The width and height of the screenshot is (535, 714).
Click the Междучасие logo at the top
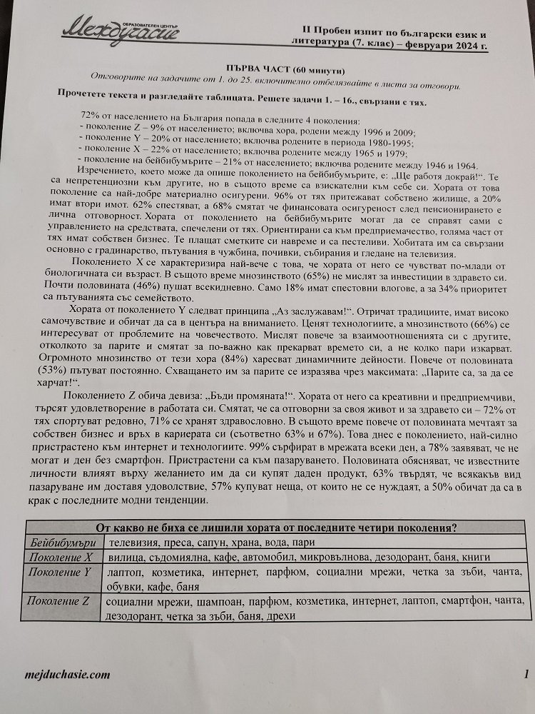tap(121, 28)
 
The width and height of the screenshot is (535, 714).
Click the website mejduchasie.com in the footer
tap(67, 673)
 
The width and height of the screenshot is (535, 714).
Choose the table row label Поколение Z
tap(61, 601)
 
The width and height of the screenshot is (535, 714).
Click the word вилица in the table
tap(124, 557)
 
